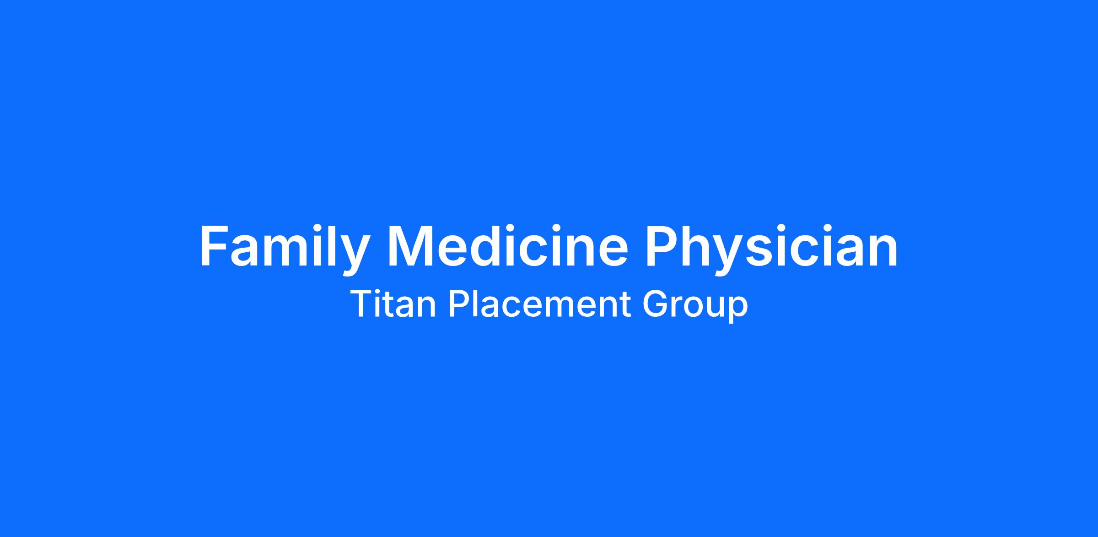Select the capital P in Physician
[x=662, y=245]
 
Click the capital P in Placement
[x=459, y=304]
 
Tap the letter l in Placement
[x=477, y=303]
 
